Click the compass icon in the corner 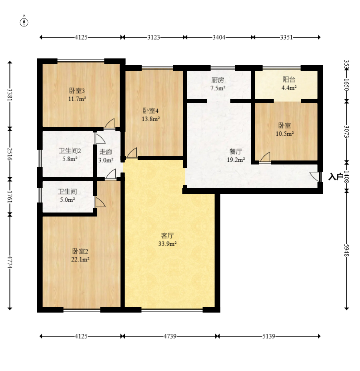click(24, 22)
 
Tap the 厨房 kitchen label click(218, 80)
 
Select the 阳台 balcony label click(289, 80)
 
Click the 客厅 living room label click(167, 236)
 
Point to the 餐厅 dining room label click(236, 151)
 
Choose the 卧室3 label click(77, 90)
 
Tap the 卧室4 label click(151, 111)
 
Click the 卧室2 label click(80, 251)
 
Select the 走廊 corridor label click(106, 152)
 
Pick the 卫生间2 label click(70, 151)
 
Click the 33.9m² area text click(167, 244)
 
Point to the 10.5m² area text click(285, 134)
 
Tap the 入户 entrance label click(336, 176)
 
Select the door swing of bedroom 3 click(110, 124)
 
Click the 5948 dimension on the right click(347, 250)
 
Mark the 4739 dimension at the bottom click(170, 336)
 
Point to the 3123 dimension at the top click(154, 37)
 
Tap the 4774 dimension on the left click(10, 262)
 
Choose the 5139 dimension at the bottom click(269, 336)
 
